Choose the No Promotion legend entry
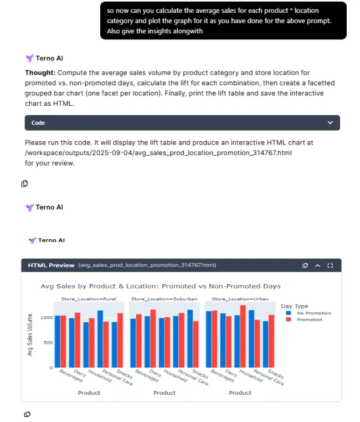click(313, 313)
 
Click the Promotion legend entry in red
click(309, 320)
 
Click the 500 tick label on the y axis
click(49, 342)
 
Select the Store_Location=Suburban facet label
click(164, 299)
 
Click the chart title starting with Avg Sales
click(161, 286)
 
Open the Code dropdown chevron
click(330, 122)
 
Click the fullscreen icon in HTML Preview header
click(331, 265)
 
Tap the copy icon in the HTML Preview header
click(305, 265)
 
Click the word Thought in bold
click(39, 73)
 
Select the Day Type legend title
click(295, 306)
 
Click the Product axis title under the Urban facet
click(240, 393)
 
